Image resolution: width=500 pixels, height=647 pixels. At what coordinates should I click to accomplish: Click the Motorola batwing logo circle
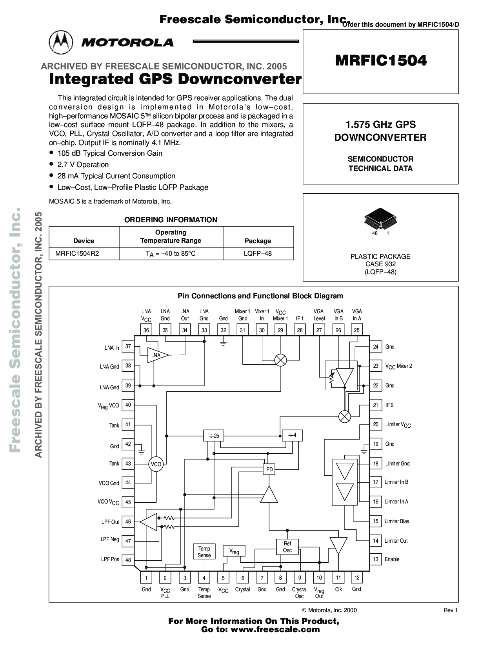point(61,42)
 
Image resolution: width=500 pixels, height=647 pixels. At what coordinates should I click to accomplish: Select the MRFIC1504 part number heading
point(380,60)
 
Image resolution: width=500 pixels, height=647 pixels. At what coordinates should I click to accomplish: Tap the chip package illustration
point(380,218)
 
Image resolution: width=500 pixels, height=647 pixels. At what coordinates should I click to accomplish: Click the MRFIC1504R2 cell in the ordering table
point(77,253)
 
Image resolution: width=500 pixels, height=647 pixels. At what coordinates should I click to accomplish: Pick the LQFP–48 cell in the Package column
point(258,253)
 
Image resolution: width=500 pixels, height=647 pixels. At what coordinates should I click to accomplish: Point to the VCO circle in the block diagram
point(156,464)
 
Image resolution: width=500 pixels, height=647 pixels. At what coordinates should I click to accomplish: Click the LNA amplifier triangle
point(157,355)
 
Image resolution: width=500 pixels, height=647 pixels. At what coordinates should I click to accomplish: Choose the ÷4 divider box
point(292,435)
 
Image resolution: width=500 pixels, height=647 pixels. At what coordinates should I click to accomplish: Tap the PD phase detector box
point(269,469)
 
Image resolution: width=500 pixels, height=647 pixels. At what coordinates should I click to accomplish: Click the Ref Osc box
point(287,547)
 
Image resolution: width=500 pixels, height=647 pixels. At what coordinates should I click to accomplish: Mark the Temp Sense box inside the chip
point(204,552)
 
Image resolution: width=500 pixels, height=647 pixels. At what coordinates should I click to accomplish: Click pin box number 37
point(128,347)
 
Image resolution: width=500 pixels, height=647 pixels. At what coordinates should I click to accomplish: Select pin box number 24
point(376,347)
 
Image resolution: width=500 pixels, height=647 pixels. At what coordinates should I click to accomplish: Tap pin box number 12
point(357,578)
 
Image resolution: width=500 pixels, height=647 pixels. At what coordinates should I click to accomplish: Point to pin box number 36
point(146,330)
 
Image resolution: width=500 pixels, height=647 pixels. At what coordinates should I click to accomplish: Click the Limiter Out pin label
point(396,541)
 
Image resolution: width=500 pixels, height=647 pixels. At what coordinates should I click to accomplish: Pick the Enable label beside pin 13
point(392,559)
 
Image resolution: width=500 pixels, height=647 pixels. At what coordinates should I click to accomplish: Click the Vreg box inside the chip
point(234,551)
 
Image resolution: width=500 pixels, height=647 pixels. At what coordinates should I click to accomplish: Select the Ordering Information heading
point(171,220)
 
